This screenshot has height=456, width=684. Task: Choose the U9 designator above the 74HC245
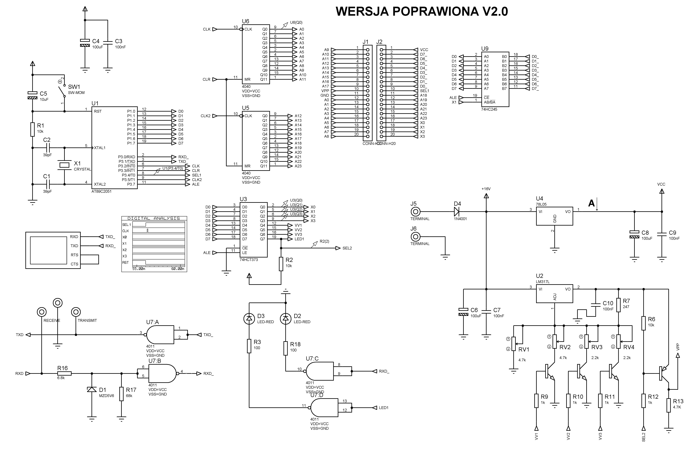pos(485,49)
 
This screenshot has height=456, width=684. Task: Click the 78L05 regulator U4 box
pos(554,216)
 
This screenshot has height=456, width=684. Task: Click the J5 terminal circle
pos(415,212)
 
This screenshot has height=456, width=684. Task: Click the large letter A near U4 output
pos(591,203)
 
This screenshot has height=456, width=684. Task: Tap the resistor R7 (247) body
pos(619,305)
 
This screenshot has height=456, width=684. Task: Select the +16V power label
pos(486,189)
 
